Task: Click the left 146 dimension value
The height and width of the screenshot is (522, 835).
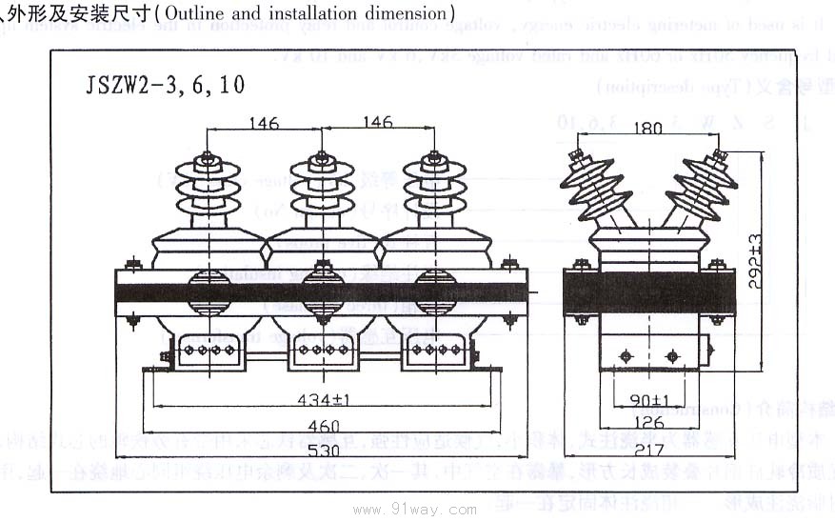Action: point(264,123)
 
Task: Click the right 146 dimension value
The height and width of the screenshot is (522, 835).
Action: point(377,123)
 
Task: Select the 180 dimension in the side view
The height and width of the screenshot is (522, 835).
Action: point(647,130)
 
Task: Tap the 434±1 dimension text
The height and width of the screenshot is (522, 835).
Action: point(323,399)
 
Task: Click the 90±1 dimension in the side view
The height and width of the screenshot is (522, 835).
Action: point(649,400)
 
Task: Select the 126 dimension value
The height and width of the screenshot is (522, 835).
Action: point(649,423)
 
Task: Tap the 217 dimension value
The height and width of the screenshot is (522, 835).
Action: point(649,447)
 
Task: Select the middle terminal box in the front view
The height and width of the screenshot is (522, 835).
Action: point(322,351)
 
